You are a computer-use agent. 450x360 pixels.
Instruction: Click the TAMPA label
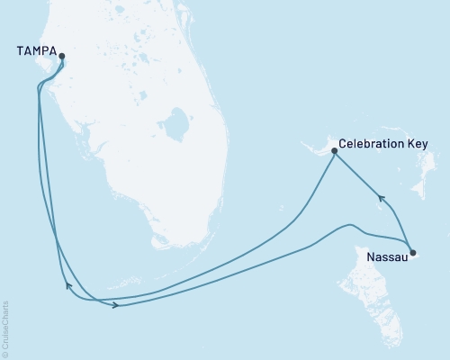tap(35, 51)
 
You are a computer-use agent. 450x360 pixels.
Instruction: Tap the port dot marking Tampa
tap(62, 57)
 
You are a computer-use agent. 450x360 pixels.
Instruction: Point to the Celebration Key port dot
tap(334, 150)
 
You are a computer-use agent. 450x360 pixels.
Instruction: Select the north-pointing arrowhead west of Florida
tap(68, 286)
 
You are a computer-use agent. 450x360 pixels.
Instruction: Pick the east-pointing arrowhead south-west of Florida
tap(117, 306)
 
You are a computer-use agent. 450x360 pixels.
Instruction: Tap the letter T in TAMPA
tap(21, 51)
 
